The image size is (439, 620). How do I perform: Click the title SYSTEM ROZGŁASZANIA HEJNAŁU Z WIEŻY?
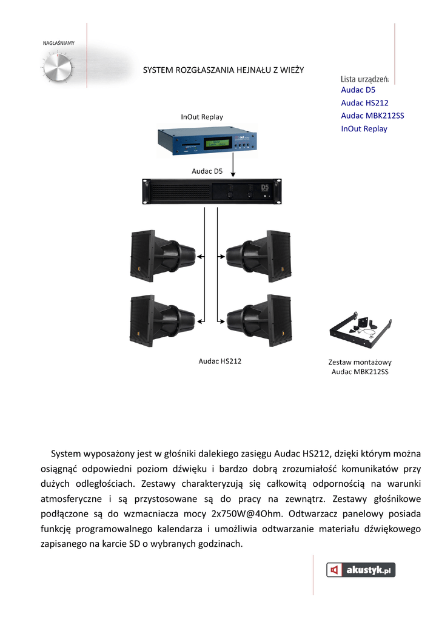[224, 70]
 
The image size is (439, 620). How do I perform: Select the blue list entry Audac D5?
[358, 90]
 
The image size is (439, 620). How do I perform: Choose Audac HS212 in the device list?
[364, 103]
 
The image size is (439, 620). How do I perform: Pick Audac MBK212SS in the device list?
[372, 116]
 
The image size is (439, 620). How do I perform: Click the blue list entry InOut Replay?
[364, 128]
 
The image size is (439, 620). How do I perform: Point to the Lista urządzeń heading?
[364, 79]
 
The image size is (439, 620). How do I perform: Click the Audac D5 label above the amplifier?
[207, 171]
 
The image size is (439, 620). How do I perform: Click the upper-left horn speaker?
[161, 256]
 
